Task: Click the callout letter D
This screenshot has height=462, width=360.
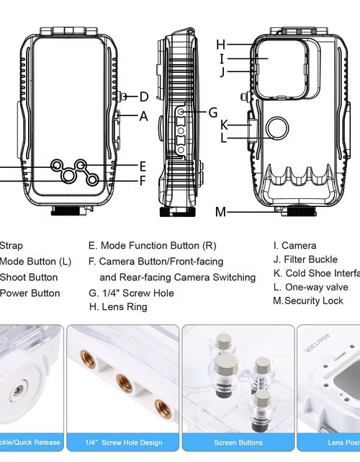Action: click(144, 97)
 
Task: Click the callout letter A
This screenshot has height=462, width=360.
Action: click(144, 115)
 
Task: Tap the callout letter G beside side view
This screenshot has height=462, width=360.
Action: click(212, 112)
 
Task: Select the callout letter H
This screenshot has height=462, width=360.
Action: click(221, 45)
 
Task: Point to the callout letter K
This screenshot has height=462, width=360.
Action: click(224, 124)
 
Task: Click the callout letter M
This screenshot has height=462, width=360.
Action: click(220, 212)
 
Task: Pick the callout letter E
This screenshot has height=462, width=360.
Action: click(143, 166)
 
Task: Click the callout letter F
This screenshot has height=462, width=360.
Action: click(143, 181)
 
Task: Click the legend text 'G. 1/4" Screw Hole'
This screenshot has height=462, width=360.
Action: click(131, 293)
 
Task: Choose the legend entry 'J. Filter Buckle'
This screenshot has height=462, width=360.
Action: click(305, 259)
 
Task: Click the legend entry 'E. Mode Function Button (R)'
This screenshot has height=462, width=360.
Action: click(152, 246)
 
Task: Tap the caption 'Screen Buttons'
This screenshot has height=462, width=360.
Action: click(238, 443)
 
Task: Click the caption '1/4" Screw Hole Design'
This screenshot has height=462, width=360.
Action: click(123, 443)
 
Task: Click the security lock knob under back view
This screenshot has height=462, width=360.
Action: click(295, 213)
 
